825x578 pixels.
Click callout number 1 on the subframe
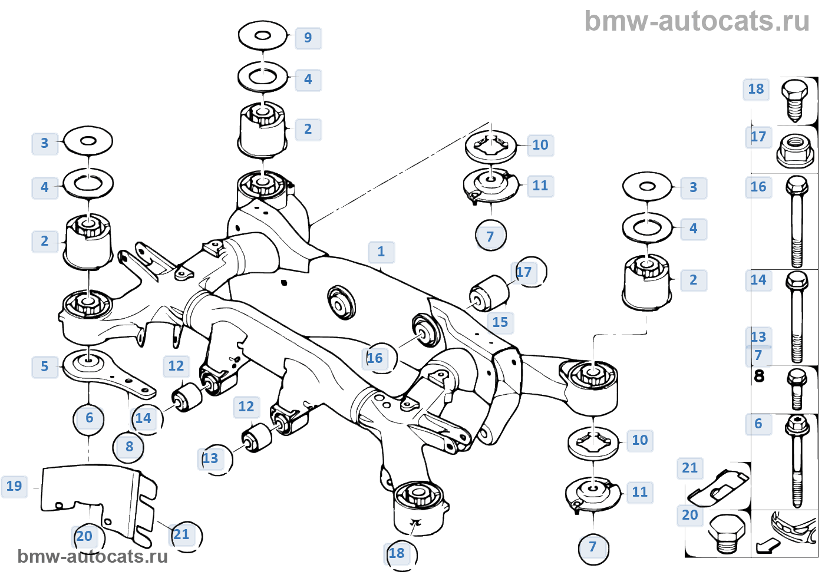(381, 252)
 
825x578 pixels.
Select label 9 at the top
(308, 38)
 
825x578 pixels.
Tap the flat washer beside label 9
(263, 36)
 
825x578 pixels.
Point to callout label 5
(45, 366)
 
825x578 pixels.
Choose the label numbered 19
(14, 486)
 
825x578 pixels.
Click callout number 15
(500, 322)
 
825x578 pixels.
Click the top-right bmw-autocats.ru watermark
(697, 21)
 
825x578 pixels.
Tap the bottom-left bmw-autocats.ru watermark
(93, 556)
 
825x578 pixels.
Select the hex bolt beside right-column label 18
(795, 100)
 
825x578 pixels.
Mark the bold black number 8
(759, 375)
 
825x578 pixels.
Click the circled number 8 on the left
(129, 447)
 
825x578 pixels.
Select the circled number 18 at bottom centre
(397, 553)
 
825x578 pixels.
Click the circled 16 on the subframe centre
(375, 358)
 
